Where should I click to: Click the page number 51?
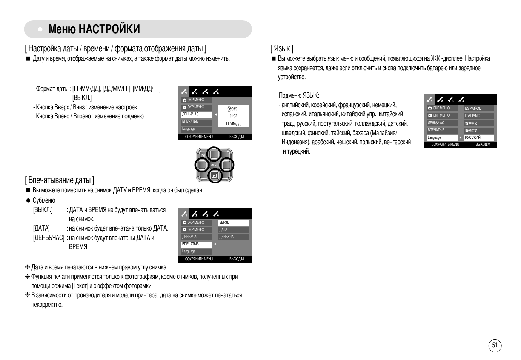click(x=495, y=345)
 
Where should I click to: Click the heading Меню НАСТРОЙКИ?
click(x=94, y=29)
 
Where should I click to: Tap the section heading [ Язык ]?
click(x=281, y=48)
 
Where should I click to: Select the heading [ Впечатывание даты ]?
click(x=60, y=180)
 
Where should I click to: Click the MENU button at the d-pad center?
click(x=214, y=165)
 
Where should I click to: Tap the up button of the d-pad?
click(x=214, y=154)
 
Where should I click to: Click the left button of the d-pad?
click(x=202, y=165)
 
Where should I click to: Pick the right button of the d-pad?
click(x=226, y=165)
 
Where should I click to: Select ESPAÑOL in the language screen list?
click(x=473, y=108)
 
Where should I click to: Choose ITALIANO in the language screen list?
click(x=472, y=116)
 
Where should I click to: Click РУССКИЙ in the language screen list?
click(x=473, y=138)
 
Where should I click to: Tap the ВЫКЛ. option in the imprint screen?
click(x=224, y=223)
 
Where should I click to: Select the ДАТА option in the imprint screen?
click(x=223, y=230)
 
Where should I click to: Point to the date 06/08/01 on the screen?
click(x=233, y=109)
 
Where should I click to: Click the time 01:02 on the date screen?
click(x=233, y=116)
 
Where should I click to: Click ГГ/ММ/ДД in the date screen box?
click(x=233, y=124)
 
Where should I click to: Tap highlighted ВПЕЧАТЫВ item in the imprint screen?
click(x=191, y=244)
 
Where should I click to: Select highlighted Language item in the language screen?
click(x=434, y=138)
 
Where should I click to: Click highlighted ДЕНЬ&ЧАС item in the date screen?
click(x=191, y=114)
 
